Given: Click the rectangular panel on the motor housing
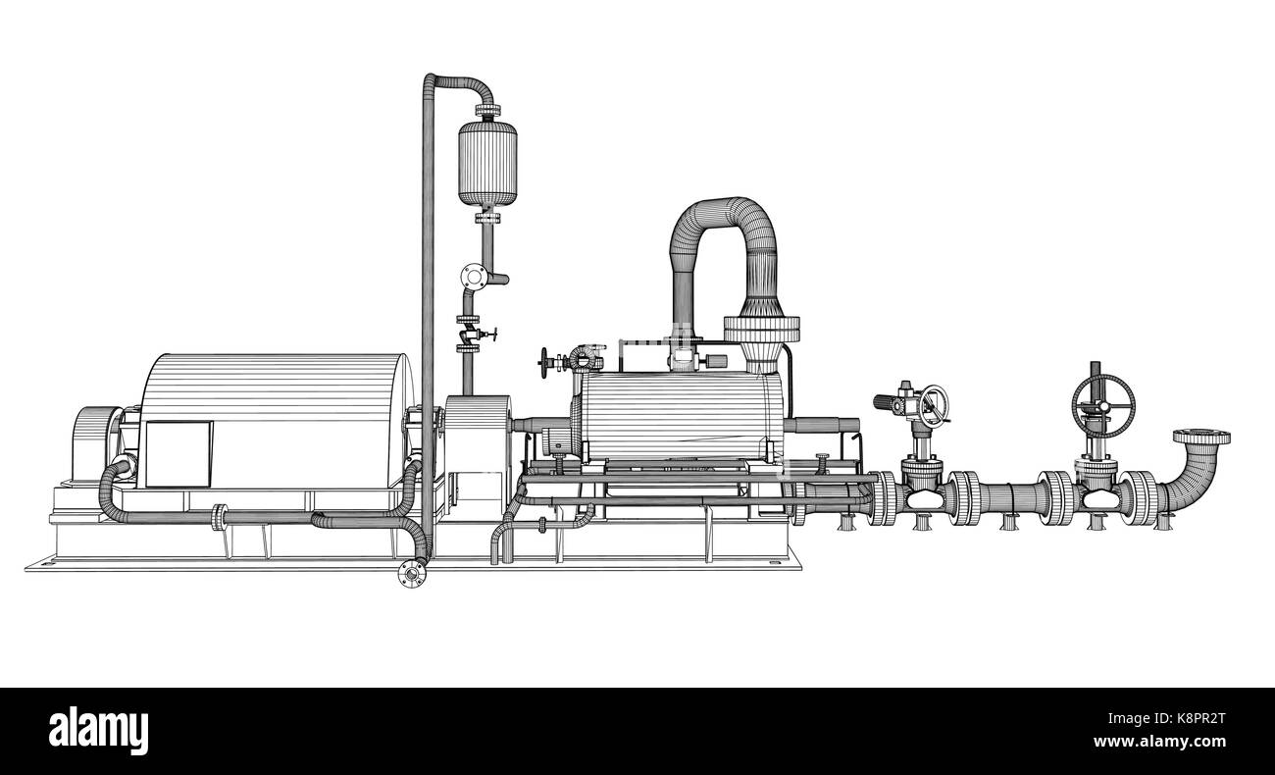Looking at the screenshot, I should coord(178,453).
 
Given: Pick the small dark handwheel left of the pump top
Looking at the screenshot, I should coord(546,363).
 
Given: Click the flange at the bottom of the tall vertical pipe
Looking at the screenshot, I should coord(412,573).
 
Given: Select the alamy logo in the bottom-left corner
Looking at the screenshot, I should coord(98,731).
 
